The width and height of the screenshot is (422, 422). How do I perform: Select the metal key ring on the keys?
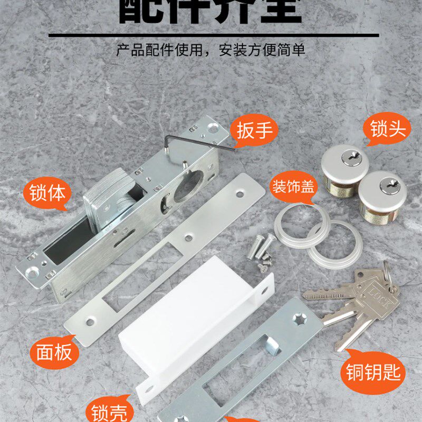click(388, 274)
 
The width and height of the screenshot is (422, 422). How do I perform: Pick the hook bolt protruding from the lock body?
click(105, 203)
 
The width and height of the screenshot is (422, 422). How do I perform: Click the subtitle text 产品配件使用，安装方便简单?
click(211, 51)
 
